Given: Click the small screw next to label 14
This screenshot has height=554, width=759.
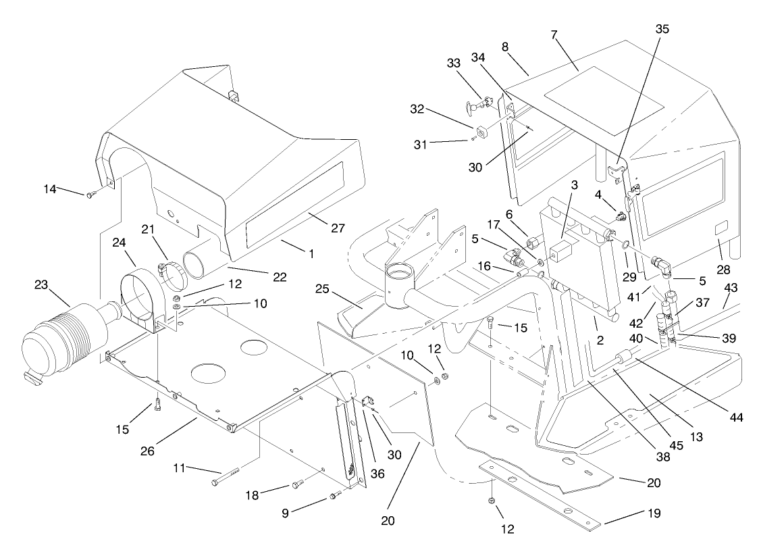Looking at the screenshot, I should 90,195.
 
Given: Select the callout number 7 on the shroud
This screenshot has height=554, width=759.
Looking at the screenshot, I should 554,34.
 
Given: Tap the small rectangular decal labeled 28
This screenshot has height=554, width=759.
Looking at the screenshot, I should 721,227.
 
